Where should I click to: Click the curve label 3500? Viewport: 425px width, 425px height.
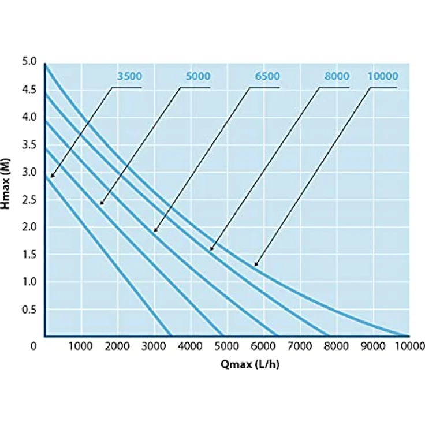point(129,76)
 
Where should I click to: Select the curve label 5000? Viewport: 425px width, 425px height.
point(198,76)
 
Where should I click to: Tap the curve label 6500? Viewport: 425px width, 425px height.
point(267,76)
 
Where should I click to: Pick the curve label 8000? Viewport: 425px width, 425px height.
point(337,76)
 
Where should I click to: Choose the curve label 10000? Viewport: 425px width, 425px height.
point(383,76)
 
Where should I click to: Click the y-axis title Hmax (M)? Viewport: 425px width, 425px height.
point(5,184)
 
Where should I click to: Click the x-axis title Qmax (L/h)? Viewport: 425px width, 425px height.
point(249,364)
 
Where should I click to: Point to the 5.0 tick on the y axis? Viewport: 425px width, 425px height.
point(29,62)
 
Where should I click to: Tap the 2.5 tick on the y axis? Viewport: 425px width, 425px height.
point(29,200)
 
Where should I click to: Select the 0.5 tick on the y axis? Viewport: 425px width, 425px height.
point(29,310)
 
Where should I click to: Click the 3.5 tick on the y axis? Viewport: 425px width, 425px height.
point(29,145)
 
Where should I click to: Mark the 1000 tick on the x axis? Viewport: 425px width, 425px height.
point(80,346)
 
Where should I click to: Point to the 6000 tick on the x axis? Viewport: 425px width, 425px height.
point(263,346)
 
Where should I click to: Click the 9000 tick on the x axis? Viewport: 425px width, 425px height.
point(373,346)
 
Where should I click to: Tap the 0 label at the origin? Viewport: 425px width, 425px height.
point(33,346)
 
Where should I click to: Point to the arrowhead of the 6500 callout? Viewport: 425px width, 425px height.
point(155,230)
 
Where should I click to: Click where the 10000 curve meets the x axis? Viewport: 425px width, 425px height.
point(408,336)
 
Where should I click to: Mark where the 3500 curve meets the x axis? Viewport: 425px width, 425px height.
point(170,336)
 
